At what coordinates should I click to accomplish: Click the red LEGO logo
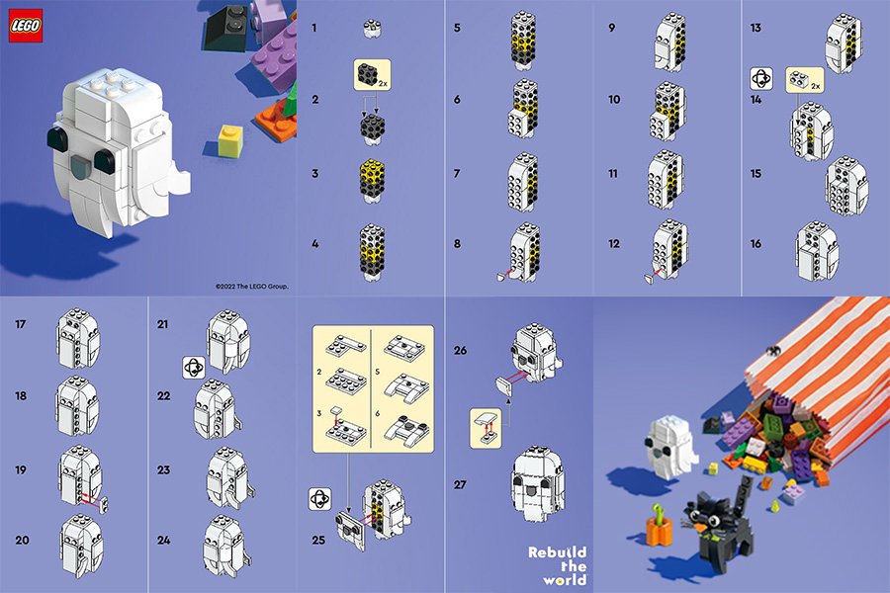click(26, 26)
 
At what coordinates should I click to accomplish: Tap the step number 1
click(313, 28)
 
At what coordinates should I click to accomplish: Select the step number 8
click(457, 244)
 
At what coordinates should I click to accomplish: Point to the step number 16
click(756, 244)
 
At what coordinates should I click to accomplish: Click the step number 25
click(318, 541)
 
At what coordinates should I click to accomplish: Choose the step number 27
click(460, 484)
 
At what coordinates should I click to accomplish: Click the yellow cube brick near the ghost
click(230, 140)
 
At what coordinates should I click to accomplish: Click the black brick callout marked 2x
click(373, 74)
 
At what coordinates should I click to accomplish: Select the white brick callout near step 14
click(805, 80)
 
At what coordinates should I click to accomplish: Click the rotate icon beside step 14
click(761, 79)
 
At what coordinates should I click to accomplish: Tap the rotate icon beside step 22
click(194, 368)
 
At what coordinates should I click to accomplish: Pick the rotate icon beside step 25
click(319, 499)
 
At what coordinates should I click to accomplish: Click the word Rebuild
click(557, 552)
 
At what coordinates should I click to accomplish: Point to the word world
click(565, 580)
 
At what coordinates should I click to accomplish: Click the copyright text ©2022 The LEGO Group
click(252, 287)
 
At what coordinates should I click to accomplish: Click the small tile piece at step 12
click(648, 278)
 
